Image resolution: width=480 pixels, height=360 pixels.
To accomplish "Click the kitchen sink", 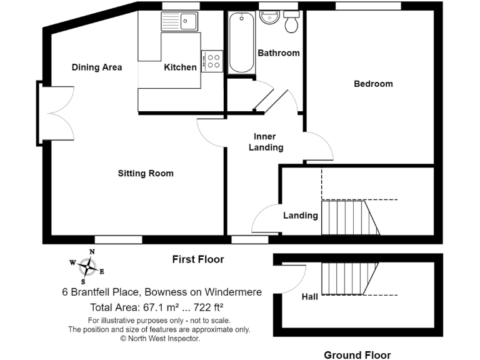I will (179, 22).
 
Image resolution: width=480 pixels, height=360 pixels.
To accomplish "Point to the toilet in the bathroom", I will (291, 22).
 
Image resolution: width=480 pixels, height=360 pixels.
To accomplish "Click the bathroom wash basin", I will (269, 17).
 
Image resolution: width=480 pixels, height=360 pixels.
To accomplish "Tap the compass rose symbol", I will (87, 267).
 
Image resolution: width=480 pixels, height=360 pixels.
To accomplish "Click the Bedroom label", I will (373, 84).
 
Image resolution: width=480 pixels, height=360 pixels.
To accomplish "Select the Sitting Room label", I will (146, 173).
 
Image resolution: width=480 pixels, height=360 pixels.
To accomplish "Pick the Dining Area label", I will (96, 67).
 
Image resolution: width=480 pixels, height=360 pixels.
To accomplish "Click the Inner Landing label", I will (266, 142).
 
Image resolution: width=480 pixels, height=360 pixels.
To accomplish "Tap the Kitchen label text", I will (180, 67).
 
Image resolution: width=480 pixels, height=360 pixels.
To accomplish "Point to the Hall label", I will (310, 297).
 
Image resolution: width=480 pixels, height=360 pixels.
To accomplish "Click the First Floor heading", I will (197, 259).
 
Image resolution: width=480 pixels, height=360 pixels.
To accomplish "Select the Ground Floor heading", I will (357, 355).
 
